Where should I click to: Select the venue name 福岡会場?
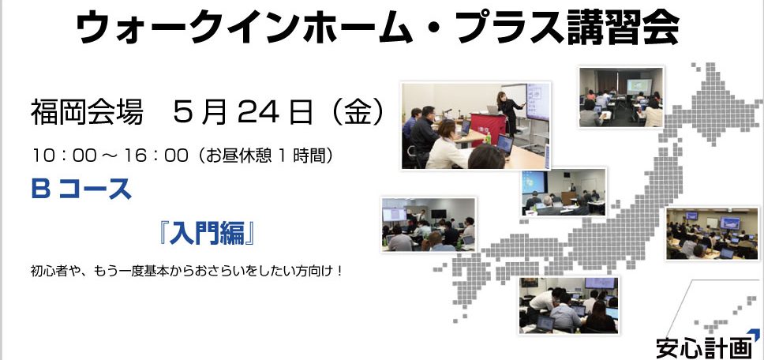[x=87, y=113]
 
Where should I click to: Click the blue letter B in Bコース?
[x=41, y=189]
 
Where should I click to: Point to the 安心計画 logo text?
[x=703, y=348]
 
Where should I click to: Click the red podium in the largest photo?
[x=489, y=128]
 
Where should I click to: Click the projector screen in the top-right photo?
[x=639, y=87]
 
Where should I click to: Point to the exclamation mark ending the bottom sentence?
[x=339, y=270]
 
